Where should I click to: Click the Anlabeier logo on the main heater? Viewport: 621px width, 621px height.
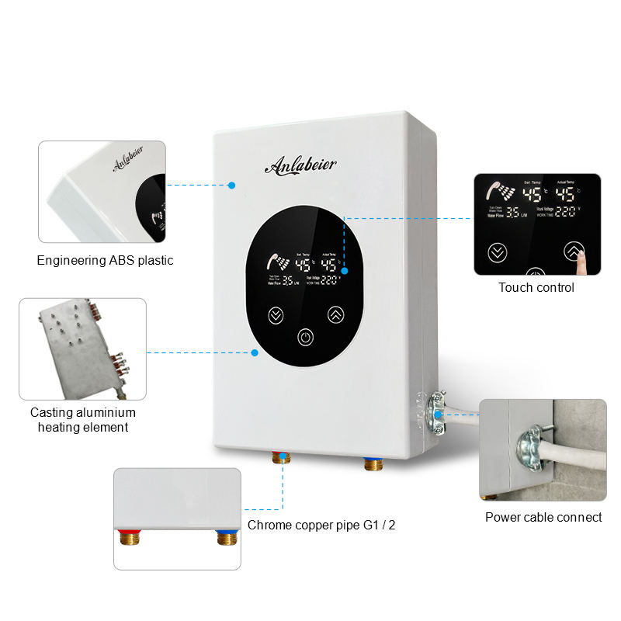pyautogui.click(x=300, y=165)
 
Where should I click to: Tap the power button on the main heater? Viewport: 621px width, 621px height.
pyautogui.click(x=306, y=338)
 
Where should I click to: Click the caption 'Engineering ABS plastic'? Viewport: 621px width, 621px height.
pyautogui.click(x=105, y=261)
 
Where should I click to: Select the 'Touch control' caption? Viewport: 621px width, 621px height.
pyautogui.click(x=536, y=288)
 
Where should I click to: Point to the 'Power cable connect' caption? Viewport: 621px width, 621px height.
pyautogui.click(x=543, y=517)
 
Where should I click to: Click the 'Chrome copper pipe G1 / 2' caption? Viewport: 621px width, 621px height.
pyautogui.click(x=321, y=526)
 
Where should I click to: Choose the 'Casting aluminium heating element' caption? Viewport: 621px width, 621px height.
pyautogui.click(x=83, y=420)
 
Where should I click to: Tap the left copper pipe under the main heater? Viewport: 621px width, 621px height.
pyautogui.click(x=280, y=460)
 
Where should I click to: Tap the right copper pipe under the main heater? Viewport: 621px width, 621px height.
pyautogui.click(x=372, y=465)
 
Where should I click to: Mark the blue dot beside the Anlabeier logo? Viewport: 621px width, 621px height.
pyautogui.click(x=231, y=185)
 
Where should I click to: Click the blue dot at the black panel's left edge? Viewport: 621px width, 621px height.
pyautogui.click(x=254, y=352)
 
